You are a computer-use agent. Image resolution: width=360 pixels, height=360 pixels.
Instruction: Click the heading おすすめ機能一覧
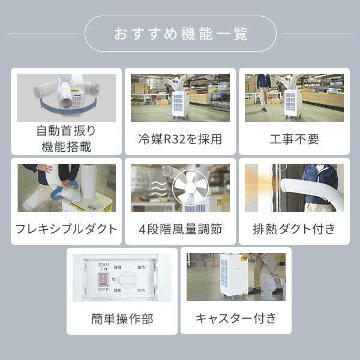(180, 34)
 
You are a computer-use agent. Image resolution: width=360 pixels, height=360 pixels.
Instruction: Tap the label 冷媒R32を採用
(180, 139)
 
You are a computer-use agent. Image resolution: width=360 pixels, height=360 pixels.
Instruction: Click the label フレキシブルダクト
(66, 229)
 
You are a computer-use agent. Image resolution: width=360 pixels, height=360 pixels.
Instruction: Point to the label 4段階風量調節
(180, 229)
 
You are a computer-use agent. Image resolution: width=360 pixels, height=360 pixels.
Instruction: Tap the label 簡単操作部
(122, 319)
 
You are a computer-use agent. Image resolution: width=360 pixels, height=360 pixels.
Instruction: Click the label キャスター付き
(236, 318)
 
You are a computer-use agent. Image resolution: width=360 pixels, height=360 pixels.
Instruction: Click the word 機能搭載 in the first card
(66, 146)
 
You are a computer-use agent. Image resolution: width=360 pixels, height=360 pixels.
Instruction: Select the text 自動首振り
(66, 131)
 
